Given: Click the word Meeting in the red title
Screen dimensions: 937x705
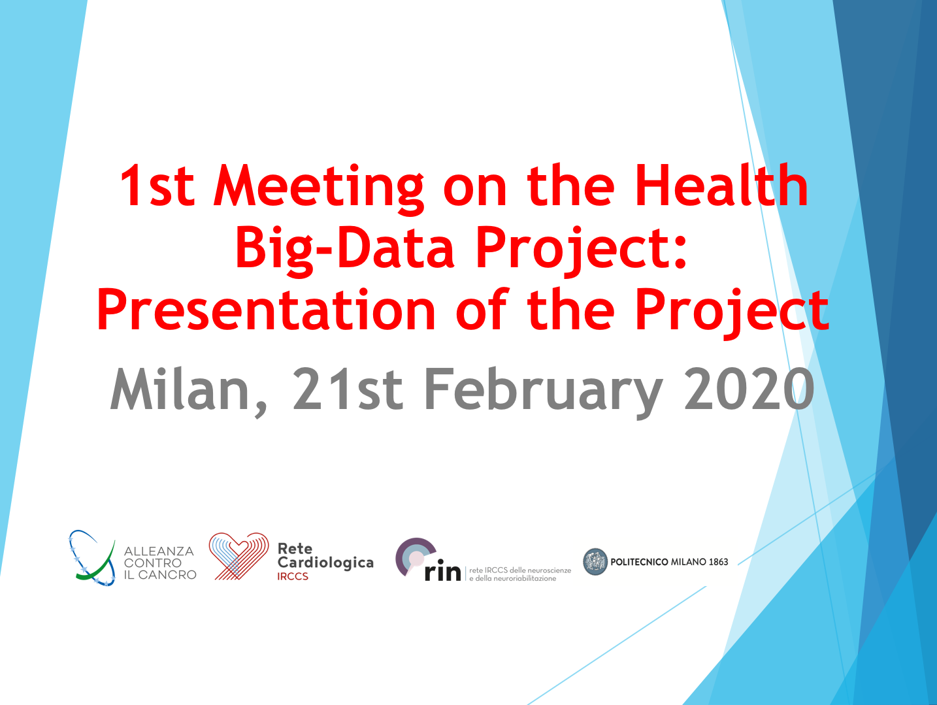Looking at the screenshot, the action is click(318, 188).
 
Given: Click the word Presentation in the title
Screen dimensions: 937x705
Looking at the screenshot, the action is click(266, 309).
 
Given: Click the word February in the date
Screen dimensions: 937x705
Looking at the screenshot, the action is click(544, 392).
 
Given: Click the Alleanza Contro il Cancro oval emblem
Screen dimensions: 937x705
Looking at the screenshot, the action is click(91, 558).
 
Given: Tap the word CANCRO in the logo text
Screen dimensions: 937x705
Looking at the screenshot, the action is click(167, 575).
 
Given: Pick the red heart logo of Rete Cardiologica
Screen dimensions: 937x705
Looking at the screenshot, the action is click(238, 556).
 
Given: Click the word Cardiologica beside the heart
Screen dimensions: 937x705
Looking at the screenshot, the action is click(325, 563).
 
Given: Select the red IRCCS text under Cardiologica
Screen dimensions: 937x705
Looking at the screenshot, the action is click(293, 576).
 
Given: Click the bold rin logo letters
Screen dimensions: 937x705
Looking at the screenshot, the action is click(442, 572).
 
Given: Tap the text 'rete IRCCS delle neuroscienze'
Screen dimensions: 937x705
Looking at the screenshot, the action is click(520, 570).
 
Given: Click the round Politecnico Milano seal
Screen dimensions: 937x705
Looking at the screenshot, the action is click(595, 562).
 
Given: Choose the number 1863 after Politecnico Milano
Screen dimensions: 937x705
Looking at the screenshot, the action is click(719, 562).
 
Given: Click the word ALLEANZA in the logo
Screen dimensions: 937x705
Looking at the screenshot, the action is click(159, 551).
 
